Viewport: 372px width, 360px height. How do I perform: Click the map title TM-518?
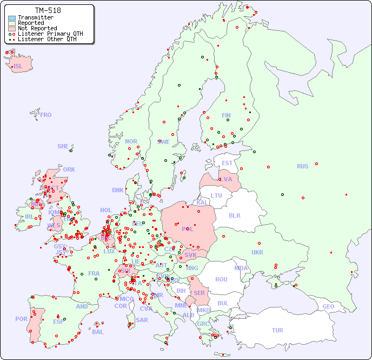[x=48, y=10]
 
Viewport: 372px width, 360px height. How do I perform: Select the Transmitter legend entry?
[x=36, y=17]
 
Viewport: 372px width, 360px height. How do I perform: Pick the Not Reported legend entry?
[x=37, y=28]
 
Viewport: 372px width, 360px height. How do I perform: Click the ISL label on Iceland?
[x=18, y=67]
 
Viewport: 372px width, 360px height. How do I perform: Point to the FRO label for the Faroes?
[x=46, y=115]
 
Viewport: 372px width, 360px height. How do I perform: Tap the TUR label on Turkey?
[x=277, y=330]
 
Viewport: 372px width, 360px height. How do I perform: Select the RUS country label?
[x=302, y=166]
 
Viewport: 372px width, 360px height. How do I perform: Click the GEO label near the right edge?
[x=328, y=306]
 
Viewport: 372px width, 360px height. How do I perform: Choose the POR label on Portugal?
[x=21, y=319]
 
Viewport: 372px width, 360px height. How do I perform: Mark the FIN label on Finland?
[x=226, y=115]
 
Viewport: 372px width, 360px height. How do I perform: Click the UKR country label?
[x=257, y=252]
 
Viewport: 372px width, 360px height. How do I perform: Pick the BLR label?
[x=235, y=215]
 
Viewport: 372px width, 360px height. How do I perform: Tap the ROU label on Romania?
[x=221, y=279]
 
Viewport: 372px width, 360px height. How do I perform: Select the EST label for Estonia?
[x=227, y=163]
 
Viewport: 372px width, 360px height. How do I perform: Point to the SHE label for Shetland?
[x=63, y=146]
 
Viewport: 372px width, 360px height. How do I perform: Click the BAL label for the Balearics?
[x=98, y=332]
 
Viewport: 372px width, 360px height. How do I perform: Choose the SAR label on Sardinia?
[x=142, y=320]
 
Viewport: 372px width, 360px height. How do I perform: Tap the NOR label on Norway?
[x=131, y=141]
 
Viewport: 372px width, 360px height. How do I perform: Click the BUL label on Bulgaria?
[x=223, y=303]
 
